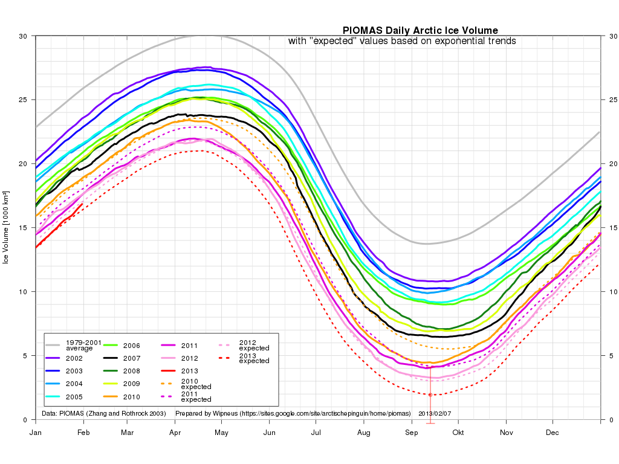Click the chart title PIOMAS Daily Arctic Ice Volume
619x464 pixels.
tap(420, 30)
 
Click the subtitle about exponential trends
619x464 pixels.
tap(401, 41)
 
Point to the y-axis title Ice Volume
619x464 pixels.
tap(6, 228)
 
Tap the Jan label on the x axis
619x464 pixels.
tap(36, 433)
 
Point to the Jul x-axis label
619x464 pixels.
tap(316, 433)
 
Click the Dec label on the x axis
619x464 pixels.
tap(552, 433)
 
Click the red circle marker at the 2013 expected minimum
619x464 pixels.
tap(430, 395)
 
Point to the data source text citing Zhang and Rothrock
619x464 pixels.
tap(103, 414)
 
